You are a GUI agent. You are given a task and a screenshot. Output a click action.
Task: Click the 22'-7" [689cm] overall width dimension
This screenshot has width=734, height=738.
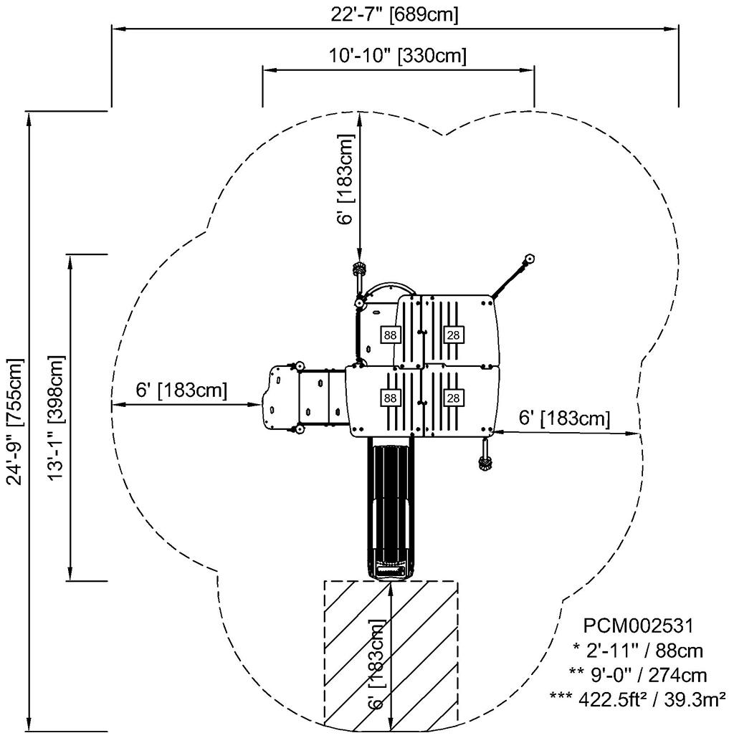(x=394, y=14)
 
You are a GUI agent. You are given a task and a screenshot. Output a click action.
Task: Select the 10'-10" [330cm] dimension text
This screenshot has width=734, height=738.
(x=398, y=56)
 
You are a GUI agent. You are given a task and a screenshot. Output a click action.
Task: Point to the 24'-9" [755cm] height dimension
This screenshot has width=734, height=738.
(x=15, y=421)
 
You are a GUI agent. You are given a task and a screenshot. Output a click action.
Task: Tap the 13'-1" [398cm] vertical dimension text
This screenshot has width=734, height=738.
(x=57, y=418)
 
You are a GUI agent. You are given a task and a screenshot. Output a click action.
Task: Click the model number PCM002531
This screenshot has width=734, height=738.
(x=638, y=626)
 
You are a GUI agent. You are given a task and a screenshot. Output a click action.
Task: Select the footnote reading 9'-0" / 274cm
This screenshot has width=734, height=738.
(x=638, y=676)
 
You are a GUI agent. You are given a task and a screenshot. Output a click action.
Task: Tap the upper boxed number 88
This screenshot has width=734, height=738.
(x=390, y=335)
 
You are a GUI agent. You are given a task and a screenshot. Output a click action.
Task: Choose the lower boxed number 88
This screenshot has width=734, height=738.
(x=390, y=398)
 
